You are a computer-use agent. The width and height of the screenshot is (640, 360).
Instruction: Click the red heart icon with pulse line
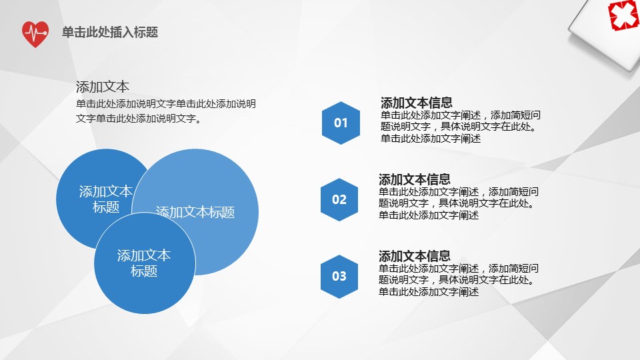click(35, 34)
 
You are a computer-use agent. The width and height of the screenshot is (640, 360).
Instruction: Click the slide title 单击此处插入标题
click(110, 32)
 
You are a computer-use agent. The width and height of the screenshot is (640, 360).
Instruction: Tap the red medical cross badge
click(624, 15)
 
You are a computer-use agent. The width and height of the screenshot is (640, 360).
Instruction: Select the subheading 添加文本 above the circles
click(103, 87)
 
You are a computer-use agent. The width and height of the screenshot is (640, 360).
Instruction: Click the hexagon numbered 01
click(341, 123)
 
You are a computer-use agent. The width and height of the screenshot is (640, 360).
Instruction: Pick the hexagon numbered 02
click(339, 199)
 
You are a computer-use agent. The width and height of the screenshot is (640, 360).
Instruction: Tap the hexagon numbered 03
click(339, 276)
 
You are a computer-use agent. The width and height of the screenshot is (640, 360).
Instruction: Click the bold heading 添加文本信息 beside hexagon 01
click(416, 102)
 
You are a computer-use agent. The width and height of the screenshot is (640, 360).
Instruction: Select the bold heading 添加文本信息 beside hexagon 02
click(414, 179)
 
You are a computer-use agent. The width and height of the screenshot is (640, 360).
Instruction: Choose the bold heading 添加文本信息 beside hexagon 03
click(414, 255)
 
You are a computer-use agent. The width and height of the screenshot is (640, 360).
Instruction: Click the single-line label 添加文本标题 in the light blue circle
click(195, 212)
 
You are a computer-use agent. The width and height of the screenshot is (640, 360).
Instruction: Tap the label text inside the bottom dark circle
click(144, 263)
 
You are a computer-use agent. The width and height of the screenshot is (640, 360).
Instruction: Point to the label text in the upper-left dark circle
click(106, 199)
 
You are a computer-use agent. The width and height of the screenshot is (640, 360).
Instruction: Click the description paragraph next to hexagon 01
click(461, 127)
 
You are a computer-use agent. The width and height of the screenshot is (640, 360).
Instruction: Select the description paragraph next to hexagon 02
click(459, 204)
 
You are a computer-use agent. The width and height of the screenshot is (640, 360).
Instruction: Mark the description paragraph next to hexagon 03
click(459, 281)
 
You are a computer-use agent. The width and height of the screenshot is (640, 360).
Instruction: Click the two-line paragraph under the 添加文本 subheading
click(166, 111)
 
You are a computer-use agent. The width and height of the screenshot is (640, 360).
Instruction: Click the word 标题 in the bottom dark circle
click(144, 271)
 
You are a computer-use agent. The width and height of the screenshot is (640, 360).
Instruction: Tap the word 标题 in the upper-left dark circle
click(106, 207)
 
